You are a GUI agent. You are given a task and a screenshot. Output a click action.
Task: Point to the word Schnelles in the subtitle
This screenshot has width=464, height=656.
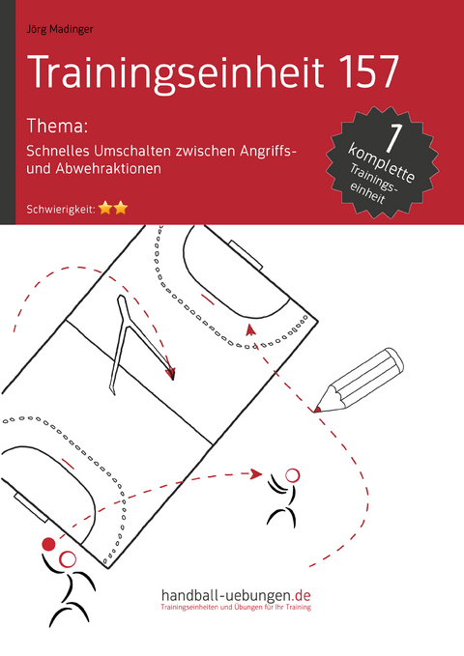coord(61,148)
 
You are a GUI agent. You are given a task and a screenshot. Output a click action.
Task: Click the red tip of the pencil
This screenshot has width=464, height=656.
coord(317,410)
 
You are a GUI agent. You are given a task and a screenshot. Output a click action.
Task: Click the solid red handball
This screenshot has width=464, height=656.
coord(49,544)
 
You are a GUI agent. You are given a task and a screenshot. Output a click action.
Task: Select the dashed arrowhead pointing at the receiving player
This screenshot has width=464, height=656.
coord(256,473)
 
